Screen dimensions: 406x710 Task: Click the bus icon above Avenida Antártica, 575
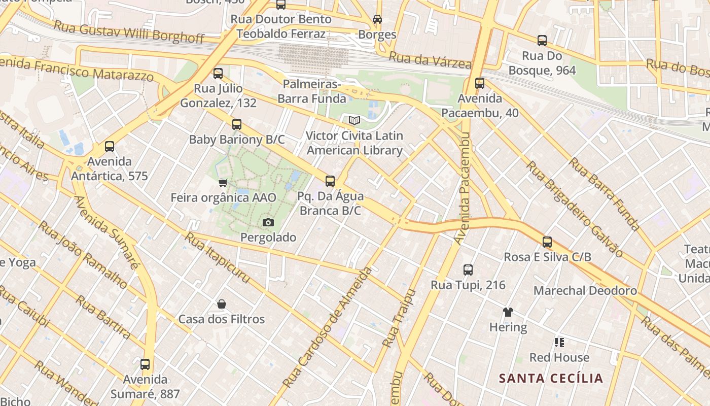[x=109, y=147]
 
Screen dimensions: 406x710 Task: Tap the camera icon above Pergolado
[x=268, y=222]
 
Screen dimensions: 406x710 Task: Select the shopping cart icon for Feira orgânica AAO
[x=223, y=183]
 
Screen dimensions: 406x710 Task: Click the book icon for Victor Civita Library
[x=354, y=121]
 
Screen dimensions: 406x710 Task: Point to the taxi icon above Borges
[x=377, y=19]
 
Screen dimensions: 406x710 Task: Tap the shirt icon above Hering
[x=508, y=312]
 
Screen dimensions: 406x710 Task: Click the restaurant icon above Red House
[x=559, y=343]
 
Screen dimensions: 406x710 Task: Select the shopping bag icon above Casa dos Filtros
[x=221, y=304]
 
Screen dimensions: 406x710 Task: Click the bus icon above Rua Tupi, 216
[x=468, y=270]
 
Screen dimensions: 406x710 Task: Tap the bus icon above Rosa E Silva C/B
[x=547, y=242]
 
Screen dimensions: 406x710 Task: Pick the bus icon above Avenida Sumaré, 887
[x=145, y=364]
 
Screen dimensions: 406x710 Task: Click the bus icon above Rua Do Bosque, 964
[x=542, y=41]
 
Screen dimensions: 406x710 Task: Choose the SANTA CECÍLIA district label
[x=551, y=379]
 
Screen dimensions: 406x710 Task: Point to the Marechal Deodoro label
[x=585, y=291]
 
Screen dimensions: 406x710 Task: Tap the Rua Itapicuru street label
[x=217, y=257]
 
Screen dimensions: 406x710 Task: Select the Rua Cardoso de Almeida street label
[x=327, y=327]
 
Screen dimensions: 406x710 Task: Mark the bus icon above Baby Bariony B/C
[x=236, y=124]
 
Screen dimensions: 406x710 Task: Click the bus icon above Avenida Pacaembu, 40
[x=479, y=83]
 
